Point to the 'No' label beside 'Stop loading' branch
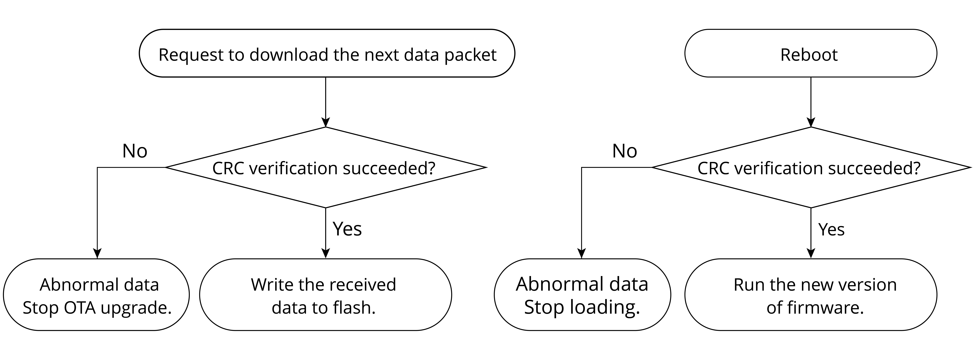coord(625,151)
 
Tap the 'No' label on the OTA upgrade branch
coord(135,151)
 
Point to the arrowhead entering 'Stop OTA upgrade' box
coord(98,253)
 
